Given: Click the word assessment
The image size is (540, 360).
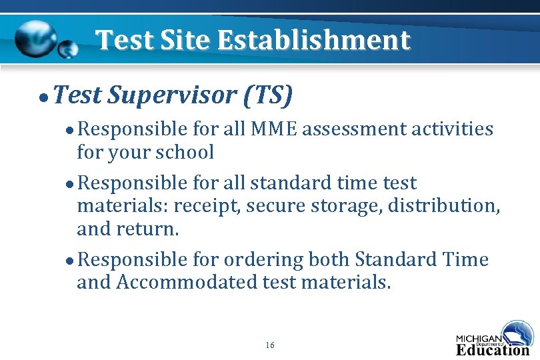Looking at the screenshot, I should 351,129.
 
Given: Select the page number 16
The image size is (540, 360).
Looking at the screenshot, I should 269,345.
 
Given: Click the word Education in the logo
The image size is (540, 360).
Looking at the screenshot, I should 492,349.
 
